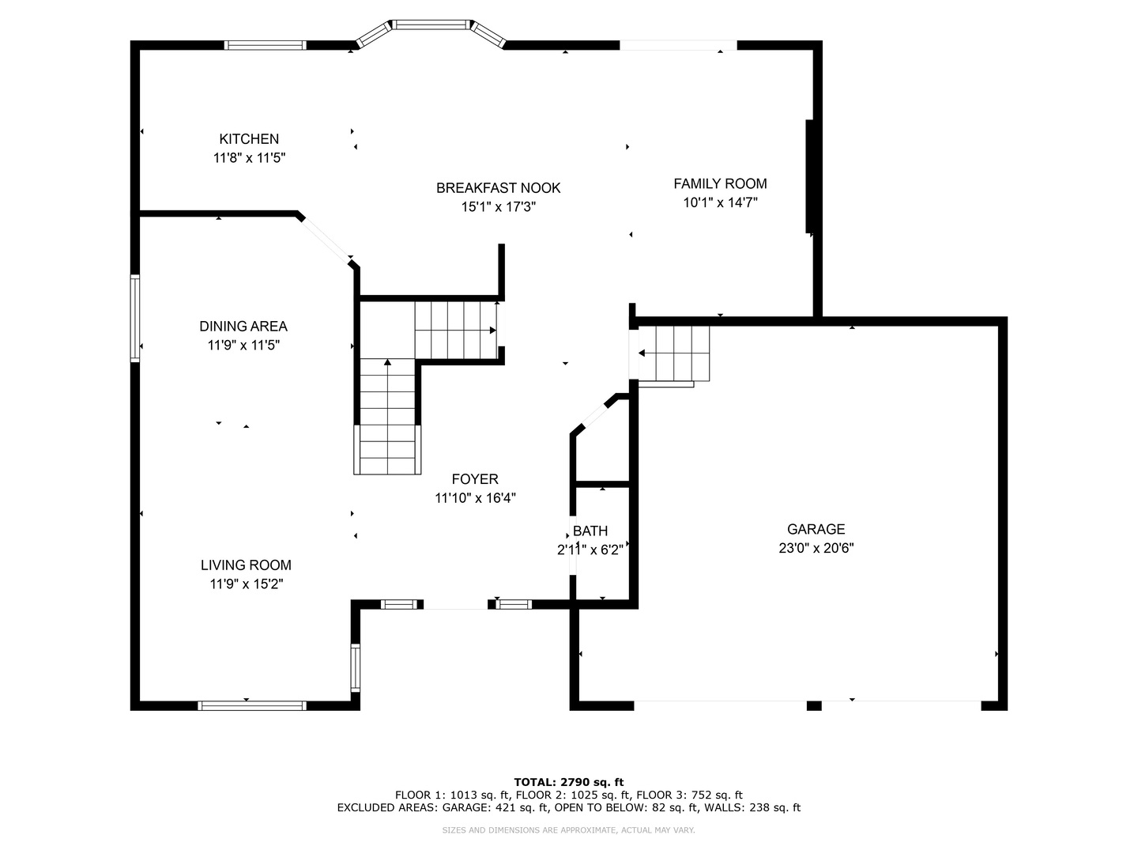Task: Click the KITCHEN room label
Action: pos(249,139)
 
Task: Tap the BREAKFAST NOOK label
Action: pos(498,187)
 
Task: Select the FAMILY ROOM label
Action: pos(720,183)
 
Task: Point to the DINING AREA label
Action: pos(243,326)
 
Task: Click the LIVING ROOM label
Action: pos(247,565)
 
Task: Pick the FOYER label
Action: pos(475,478)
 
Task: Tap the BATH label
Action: pos(590,531)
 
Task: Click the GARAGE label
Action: pos(816,529)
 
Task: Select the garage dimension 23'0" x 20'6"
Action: pos(816,548)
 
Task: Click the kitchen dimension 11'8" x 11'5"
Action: pos(250,157)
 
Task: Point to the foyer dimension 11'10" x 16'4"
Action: pos(475,498)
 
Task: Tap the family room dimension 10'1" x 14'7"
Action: pos(720,202)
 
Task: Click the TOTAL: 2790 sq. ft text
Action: pos(569,782)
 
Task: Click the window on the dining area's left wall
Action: pos(135,318)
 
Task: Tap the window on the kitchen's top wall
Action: pos(265,45)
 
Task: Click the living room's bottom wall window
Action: pos(252,705)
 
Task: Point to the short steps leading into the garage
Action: pos(673,353)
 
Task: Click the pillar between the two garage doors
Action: pos(814,705)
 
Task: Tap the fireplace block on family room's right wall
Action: pos(808,176)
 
